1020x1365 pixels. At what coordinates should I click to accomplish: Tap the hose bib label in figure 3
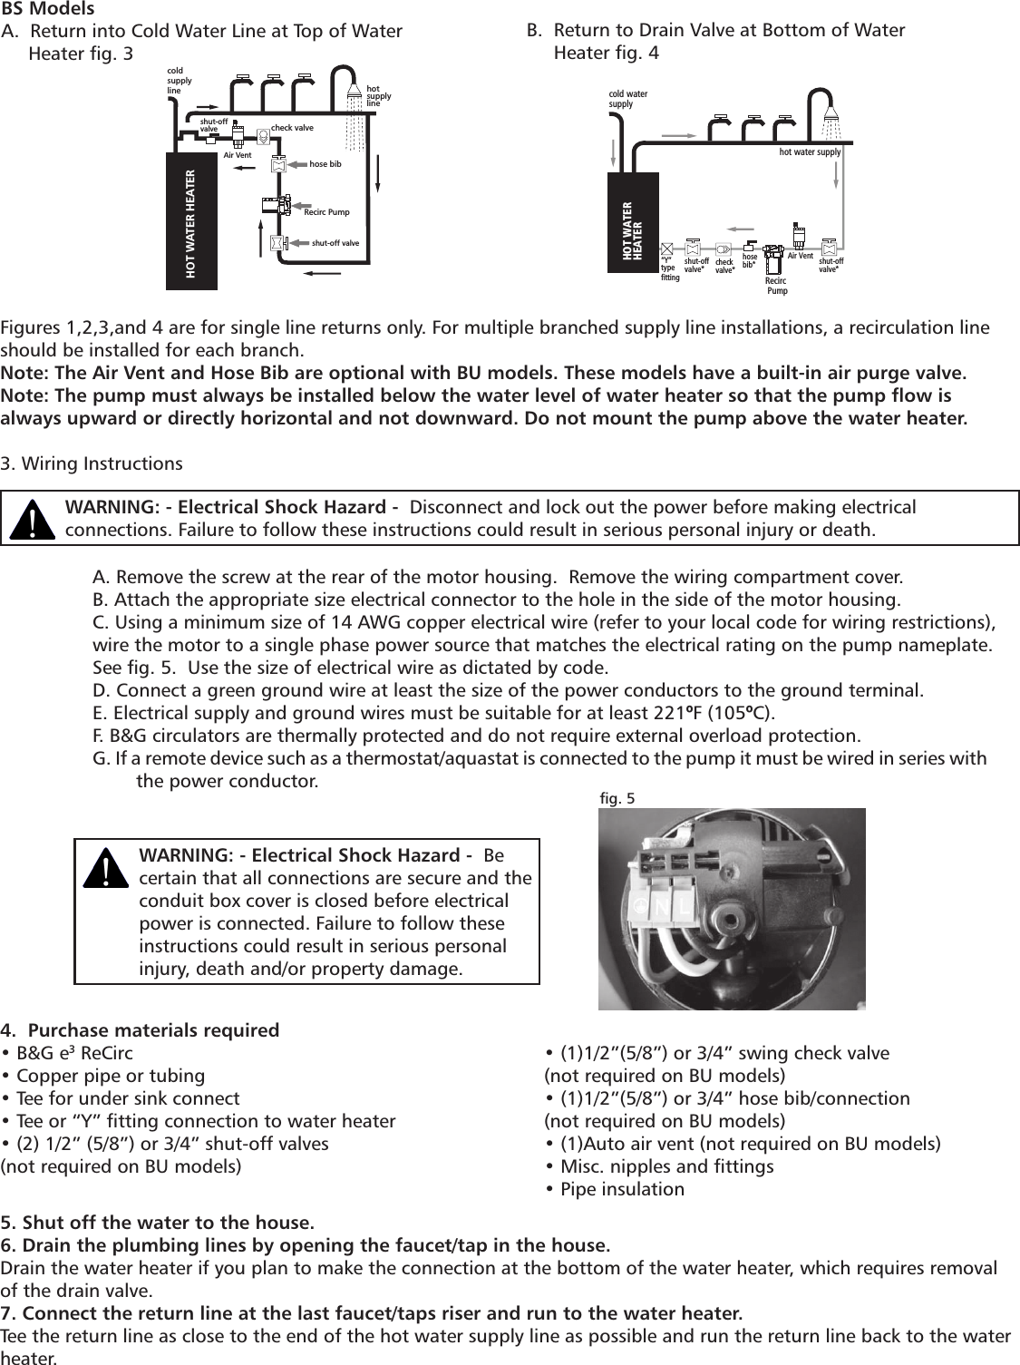(x=325, y=164)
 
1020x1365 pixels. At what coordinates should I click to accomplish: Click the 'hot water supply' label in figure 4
(x=810, y=152)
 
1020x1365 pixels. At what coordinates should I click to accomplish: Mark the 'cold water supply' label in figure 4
(x=628, y=98)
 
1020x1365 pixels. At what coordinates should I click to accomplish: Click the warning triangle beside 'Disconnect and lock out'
(x=34, y=520)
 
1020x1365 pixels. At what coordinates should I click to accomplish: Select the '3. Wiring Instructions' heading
(x=92, y=464)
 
